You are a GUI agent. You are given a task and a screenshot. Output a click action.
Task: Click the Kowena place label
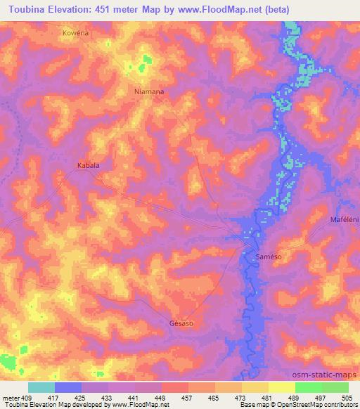coord(76,33)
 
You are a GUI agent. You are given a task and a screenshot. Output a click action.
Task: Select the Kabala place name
coord(88,166)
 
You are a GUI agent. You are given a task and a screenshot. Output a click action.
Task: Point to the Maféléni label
coord(344,220)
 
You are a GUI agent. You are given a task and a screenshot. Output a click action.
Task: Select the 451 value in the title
coord(105,10)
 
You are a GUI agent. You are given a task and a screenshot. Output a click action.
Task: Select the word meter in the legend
coord(11,397)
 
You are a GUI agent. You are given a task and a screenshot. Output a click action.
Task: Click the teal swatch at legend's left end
coord(41,387)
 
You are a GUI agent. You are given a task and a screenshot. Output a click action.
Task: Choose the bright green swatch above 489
coord(309,387)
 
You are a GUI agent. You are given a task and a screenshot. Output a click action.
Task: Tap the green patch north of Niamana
coord(144,63)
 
